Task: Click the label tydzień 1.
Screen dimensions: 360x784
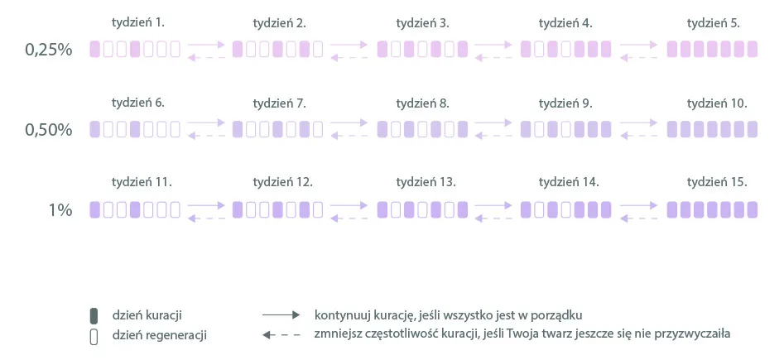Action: (137, 23)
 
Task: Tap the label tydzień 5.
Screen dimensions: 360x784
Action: (713, 23)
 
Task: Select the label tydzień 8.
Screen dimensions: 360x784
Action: (423, 103)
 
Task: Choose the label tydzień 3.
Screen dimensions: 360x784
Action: (423, 23)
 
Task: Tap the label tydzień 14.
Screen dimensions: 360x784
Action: (568, 182)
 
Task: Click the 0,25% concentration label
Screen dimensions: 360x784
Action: (49, 50)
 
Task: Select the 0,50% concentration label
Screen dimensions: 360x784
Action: (49, 130)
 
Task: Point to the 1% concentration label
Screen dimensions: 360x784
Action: (60, 210)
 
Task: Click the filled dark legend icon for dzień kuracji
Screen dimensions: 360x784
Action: (94, 315)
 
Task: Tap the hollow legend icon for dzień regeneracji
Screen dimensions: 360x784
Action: (94, 336)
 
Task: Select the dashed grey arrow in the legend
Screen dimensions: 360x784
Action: (280, 335)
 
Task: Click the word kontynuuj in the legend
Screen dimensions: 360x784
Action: (339, 315)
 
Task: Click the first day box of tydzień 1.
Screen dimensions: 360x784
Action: (94, 50)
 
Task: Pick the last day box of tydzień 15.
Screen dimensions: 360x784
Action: (752, 209)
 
